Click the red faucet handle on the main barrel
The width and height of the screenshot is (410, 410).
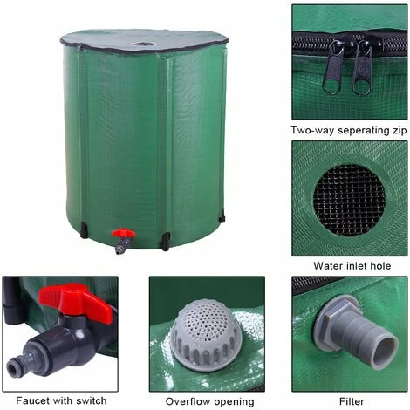(123, 233)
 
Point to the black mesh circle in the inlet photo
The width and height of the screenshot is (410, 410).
(349, 201)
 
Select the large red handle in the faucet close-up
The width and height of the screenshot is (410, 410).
(76, 302)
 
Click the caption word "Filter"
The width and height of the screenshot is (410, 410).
(352, 401)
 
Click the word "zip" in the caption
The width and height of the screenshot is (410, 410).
(399, 131)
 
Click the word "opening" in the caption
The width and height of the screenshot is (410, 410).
(236, 402)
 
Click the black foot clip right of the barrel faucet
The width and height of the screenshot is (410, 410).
(166, 242)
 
